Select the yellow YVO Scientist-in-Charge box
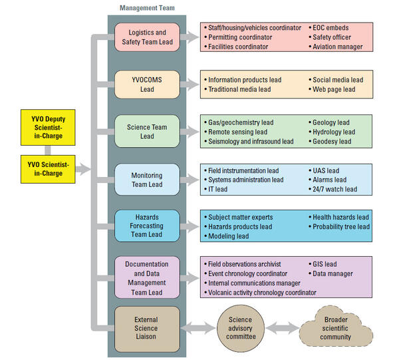pos(45,169)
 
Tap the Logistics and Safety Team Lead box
pos(146,37)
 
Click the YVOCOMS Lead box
pos(146,85)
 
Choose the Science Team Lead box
pos(146,132)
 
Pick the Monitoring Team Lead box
pos(146,180)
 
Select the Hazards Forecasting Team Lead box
pos(146,225)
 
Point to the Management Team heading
pos(146,8)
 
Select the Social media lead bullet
pos(340,80)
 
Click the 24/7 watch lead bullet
pos(336,189)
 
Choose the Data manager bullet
pos(332,273)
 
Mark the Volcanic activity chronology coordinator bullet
pos(263,292)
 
